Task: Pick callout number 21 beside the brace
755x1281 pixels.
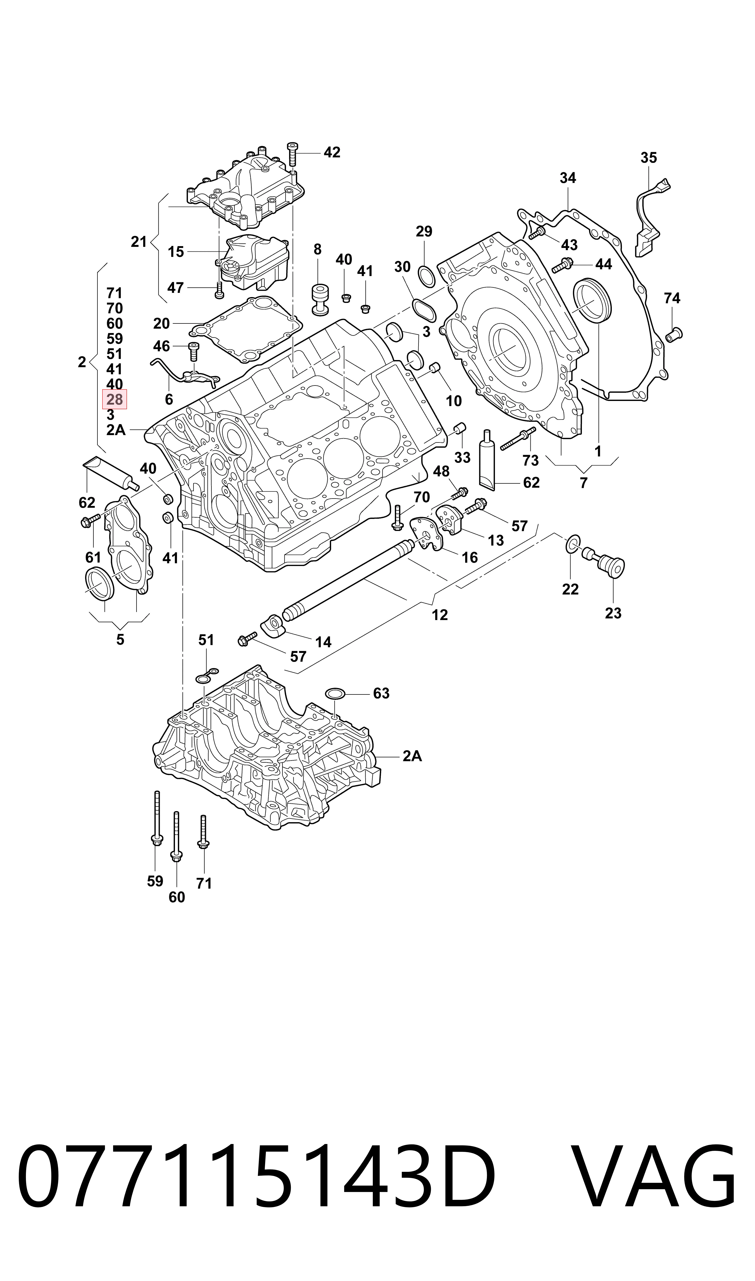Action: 139,242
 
